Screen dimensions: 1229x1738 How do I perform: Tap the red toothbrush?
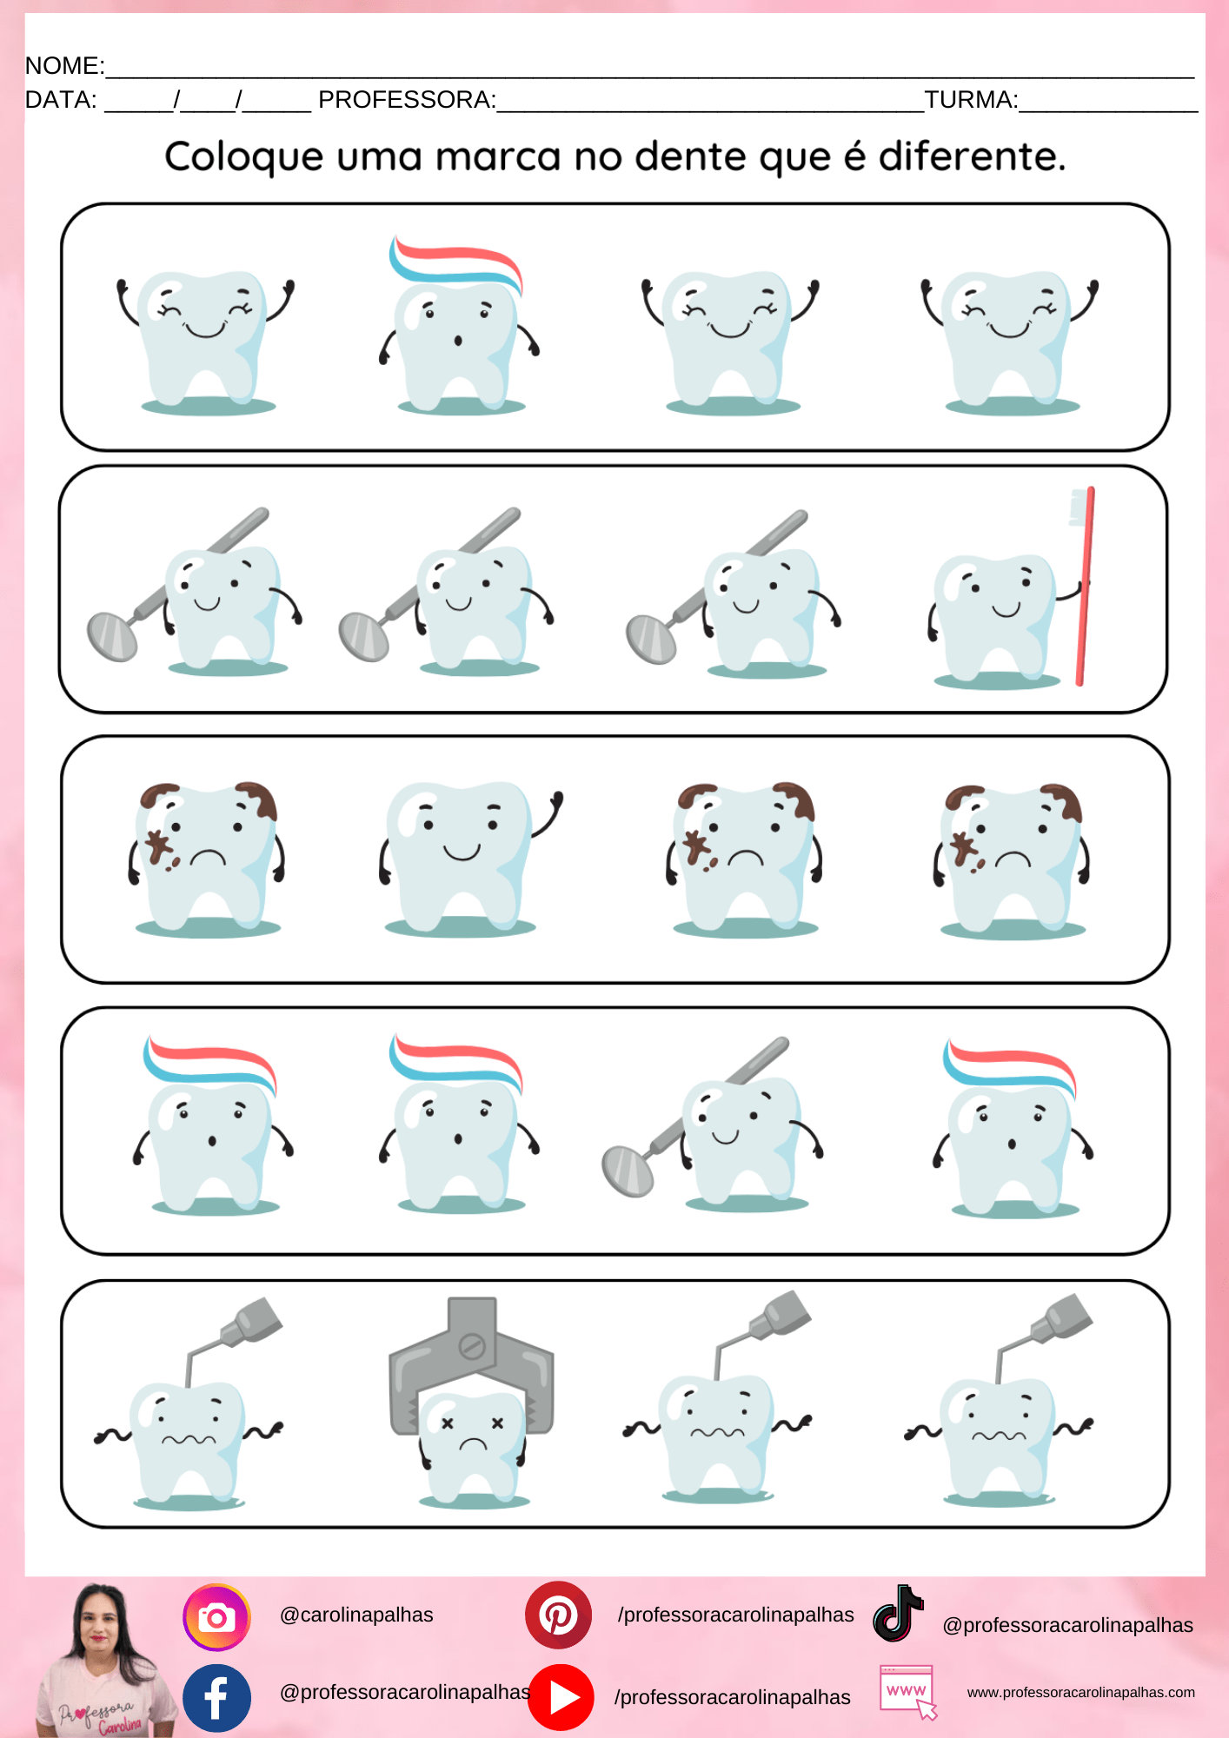coord(1083,587)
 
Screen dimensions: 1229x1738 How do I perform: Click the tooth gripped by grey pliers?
coord(472,1447)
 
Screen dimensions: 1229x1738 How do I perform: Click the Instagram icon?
coord(216,1617)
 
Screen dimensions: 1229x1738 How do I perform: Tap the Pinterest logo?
coord(558,1615)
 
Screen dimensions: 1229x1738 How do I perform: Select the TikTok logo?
coord(897,1614)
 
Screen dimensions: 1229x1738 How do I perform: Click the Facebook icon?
coord(216,1698)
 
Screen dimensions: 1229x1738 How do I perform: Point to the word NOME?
coord(63,66)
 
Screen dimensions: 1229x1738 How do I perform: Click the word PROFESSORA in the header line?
coord(405,100)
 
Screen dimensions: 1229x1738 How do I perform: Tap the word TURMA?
coord(969,100)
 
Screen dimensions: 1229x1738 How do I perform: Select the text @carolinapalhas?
coord(356,1615)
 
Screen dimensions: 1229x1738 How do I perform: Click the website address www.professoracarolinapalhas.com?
coord(1081,1692)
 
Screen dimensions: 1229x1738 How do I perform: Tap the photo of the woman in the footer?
coord(104,1660)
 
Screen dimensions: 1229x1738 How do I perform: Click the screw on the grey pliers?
coord(472,1347)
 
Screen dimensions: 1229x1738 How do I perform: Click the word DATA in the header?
coord(59,100)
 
